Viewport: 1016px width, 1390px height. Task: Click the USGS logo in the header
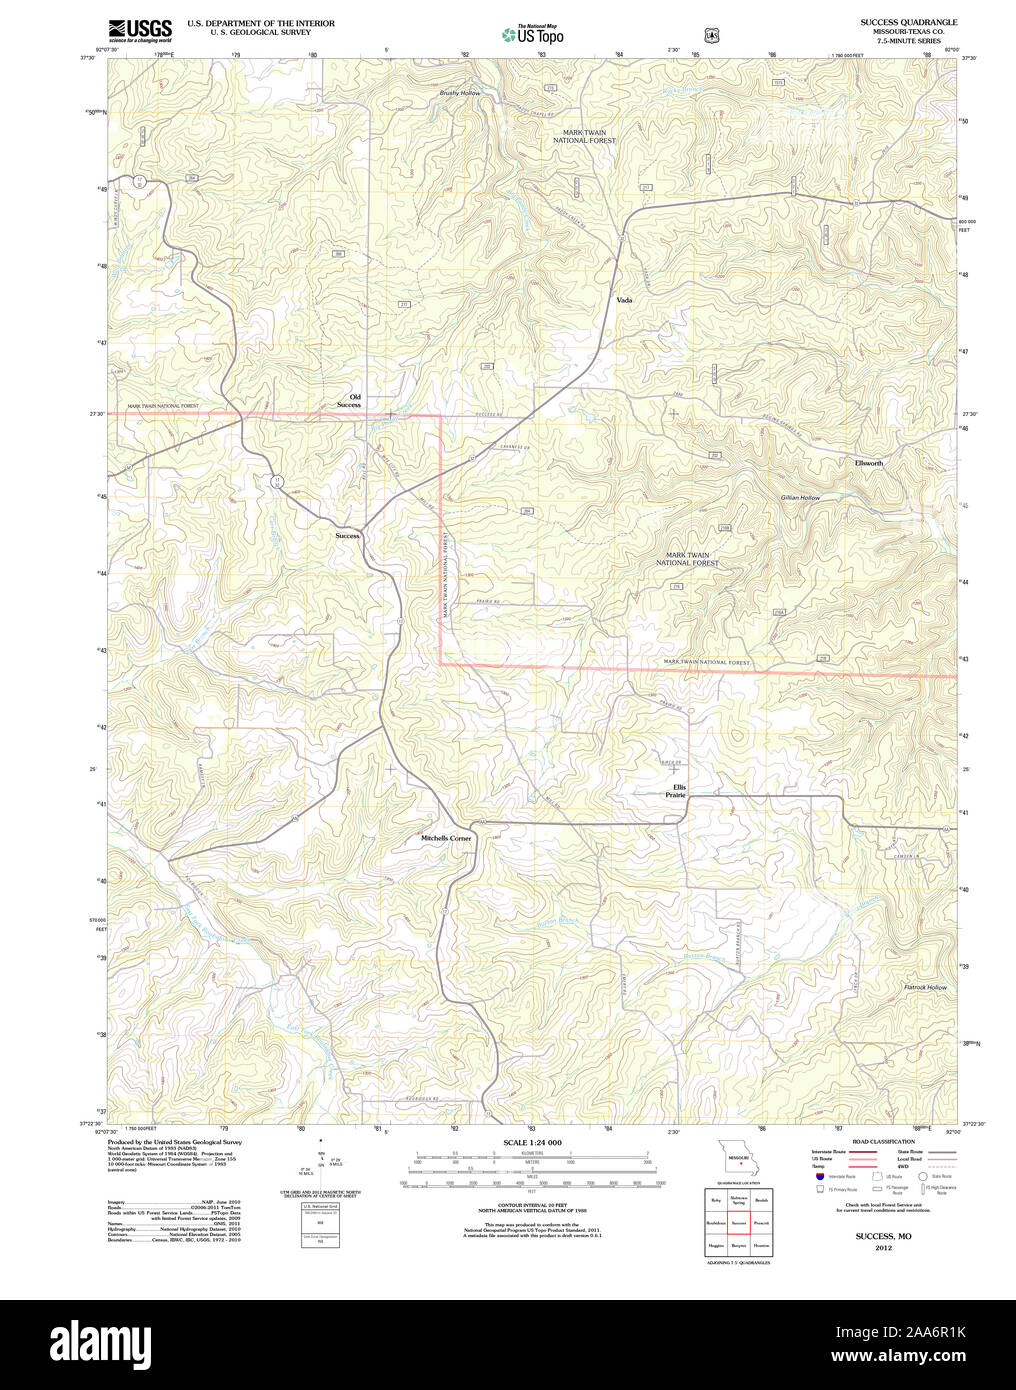(140, 29)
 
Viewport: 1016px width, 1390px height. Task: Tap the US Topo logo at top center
(533, 34)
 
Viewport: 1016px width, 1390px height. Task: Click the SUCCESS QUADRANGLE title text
(908, 22)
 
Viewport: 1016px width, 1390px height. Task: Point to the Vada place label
(624, 300)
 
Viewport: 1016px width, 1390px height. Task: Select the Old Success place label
(349, 401)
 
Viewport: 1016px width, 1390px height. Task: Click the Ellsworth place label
(868, 463)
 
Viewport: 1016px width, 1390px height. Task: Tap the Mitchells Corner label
(446, 838)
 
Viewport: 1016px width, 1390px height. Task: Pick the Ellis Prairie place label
(676, 791)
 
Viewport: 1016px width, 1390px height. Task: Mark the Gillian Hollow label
(800, 497)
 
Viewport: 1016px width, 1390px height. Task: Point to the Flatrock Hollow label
(924, 987)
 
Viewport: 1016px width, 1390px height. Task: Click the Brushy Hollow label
(460, 93)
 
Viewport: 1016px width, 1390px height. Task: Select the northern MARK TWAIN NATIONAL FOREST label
(585, 136)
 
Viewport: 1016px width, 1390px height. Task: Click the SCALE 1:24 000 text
(532, 1142)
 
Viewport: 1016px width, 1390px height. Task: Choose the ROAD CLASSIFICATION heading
(883, 1141)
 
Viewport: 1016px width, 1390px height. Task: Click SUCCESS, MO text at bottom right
(883, 1237)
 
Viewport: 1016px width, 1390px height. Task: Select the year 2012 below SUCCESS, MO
(883, 1248)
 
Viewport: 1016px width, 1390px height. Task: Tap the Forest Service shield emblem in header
(712, 35)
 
